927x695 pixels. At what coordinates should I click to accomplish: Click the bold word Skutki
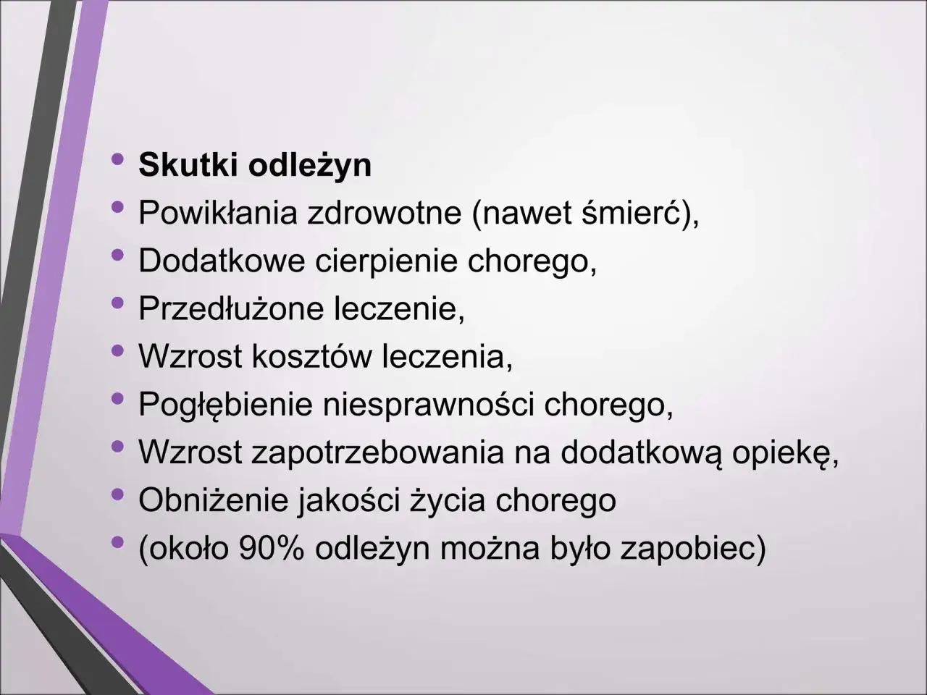189,165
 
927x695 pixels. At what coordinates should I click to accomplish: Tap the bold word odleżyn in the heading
310,165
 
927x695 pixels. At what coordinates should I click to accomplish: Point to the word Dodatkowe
222,261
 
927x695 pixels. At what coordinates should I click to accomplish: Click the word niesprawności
427,404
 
